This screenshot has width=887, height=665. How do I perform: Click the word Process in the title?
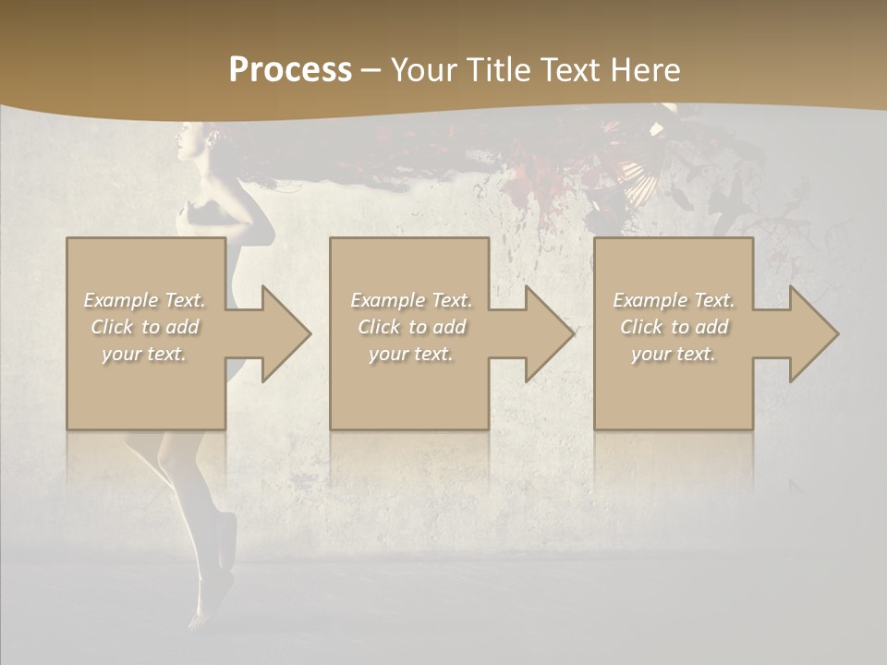click(x=290, y=70)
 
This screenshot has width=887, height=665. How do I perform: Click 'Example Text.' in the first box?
click(x=145, y=300)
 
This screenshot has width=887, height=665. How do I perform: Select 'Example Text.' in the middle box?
click(x=411, y=300)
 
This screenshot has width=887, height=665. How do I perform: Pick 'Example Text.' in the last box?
click(x=674, y=300)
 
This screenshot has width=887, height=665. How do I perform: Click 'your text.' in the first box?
click(x=145, y=354)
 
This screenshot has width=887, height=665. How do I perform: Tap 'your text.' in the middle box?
click(x=411, y=354)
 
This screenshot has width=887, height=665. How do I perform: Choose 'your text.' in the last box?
click(x=674, y=354)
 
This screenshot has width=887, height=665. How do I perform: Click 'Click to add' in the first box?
click(x=145, y=327)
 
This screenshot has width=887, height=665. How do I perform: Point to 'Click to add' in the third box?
click(x=674, y=327)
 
